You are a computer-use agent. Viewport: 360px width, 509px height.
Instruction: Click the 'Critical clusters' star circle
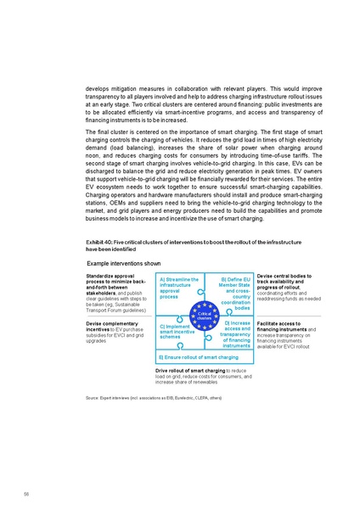point(204,315)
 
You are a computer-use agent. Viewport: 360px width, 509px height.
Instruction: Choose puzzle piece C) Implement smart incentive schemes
point(176,332)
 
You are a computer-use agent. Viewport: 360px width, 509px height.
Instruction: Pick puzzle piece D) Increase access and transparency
point(234,334)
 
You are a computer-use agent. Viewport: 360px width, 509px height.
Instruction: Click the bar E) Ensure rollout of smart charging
point(199,358)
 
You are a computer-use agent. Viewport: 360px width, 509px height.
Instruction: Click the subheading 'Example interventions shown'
point(123,264)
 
